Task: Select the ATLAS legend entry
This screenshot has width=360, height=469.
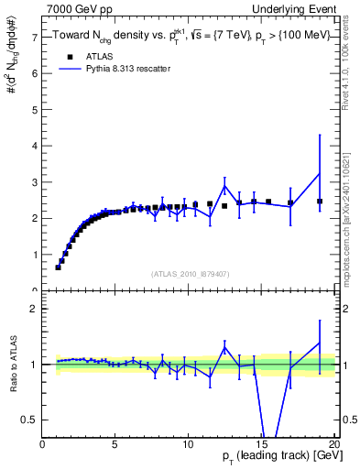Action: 82,56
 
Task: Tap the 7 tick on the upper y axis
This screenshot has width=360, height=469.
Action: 34,38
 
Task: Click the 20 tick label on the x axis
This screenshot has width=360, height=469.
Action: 334,444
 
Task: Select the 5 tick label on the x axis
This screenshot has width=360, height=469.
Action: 115,444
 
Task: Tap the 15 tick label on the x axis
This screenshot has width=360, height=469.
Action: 261,444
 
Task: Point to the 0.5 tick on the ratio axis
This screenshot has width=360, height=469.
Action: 29,420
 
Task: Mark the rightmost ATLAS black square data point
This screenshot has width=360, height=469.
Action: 320,202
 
